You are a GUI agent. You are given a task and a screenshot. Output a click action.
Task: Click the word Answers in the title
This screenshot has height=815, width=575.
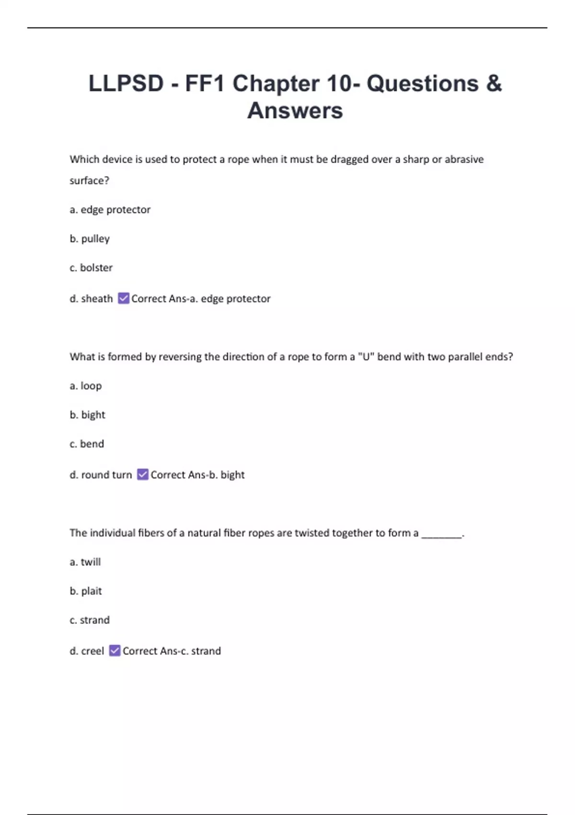[295, 111]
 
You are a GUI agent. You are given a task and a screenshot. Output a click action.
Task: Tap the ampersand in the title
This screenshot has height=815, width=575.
[494, 83]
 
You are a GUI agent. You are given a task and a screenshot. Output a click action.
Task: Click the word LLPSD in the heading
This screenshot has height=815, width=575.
[126, 83]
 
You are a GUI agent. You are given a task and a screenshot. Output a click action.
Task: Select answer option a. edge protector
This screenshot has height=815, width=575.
[110, 210]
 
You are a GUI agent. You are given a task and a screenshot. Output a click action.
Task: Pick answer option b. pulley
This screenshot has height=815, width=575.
[90, 239]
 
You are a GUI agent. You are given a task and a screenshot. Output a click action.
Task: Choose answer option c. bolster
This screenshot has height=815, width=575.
[91, 268]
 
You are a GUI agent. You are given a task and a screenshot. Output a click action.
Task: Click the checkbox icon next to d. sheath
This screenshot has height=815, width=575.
[124, 298]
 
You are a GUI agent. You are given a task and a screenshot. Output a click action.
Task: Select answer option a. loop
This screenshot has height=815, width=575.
[86, 386]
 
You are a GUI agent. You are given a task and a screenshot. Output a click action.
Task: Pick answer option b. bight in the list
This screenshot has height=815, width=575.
[87, 415]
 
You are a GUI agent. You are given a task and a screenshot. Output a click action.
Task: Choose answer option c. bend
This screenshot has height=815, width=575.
[87, 444]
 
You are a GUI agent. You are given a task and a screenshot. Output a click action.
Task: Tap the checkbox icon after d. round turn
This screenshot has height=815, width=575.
[143, 474]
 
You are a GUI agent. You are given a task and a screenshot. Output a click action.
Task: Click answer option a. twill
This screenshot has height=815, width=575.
[85, 562]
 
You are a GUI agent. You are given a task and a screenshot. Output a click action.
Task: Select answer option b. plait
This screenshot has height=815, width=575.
[86, 591]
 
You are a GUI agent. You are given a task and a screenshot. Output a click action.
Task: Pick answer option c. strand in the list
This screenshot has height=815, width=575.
[90, 620]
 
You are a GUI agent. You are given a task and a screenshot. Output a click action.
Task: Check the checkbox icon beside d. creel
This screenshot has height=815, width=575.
[115, 651]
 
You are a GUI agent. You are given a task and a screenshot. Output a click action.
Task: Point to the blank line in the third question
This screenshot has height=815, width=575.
[441, 536]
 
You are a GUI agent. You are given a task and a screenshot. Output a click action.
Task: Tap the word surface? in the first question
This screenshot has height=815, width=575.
[90, 181]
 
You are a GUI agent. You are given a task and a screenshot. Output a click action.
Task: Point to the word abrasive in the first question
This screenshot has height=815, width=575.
[464, 159]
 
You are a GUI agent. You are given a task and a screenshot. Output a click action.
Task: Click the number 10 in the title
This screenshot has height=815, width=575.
[339, 83]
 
